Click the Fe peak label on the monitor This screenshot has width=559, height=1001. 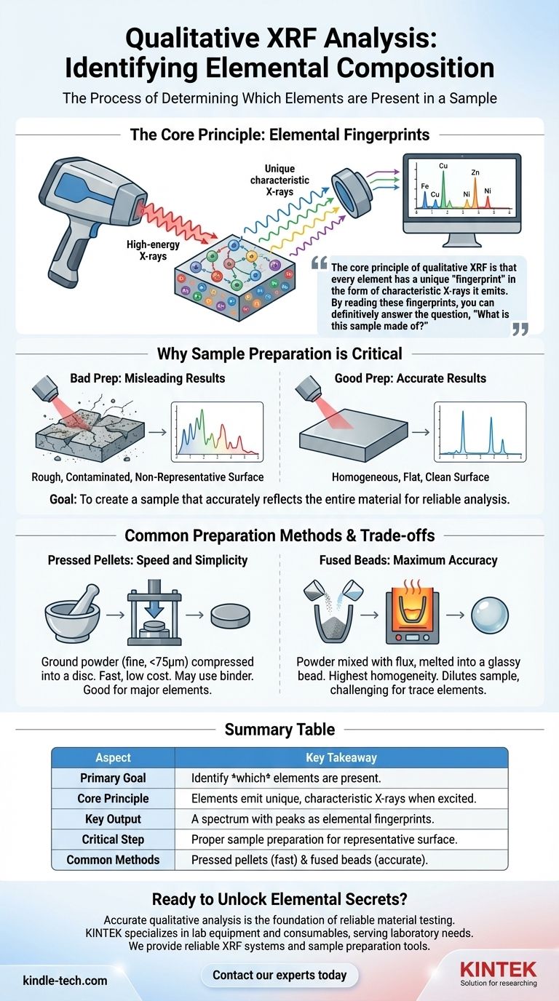(x=424, y=187)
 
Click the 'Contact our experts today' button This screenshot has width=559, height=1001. (x=279, y=975)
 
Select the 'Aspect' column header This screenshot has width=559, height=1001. (x=113, y=757)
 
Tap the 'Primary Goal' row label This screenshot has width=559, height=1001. (x=113, y=778)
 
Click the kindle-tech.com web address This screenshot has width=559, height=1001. (x=65, y=981)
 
